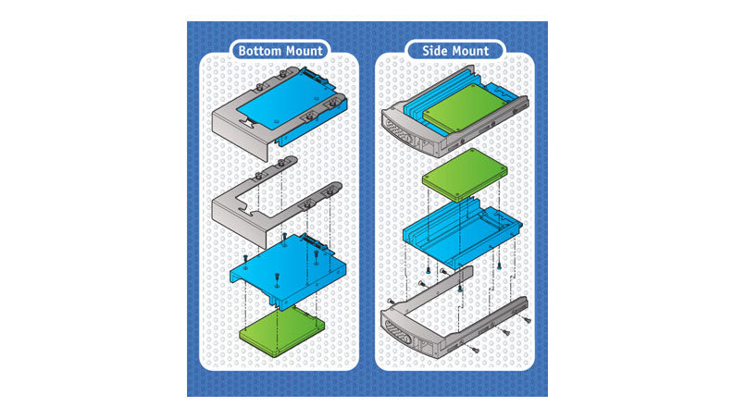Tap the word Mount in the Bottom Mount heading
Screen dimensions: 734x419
click(301, 51)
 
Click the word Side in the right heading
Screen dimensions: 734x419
click(433, 51)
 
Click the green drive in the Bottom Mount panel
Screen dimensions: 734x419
click(281, 332)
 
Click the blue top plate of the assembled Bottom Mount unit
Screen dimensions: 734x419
click(282, 101)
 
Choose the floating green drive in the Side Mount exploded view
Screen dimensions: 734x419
click(465, 174)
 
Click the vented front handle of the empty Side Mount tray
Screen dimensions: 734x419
click(398, 328)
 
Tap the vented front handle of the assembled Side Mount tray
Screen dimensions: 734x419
click(398, 130)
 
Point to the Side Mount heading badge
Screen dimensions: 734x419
click(455, 51)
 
